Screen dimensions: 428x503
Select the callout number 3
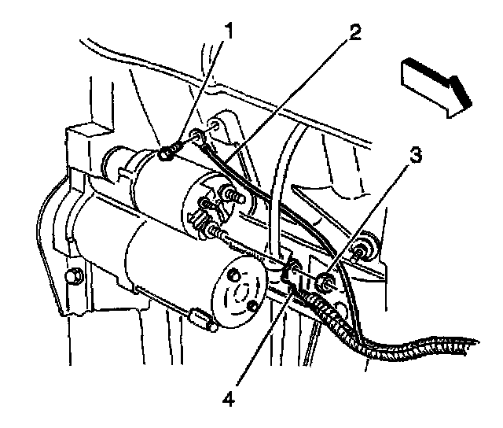[414, 155]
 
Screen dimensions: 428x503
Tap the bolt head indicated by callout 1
[166, 155]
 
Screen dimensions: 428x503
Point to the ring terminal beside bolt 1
[202, 142]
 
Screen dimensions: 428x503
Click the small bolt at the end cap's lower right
[251, 304]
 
